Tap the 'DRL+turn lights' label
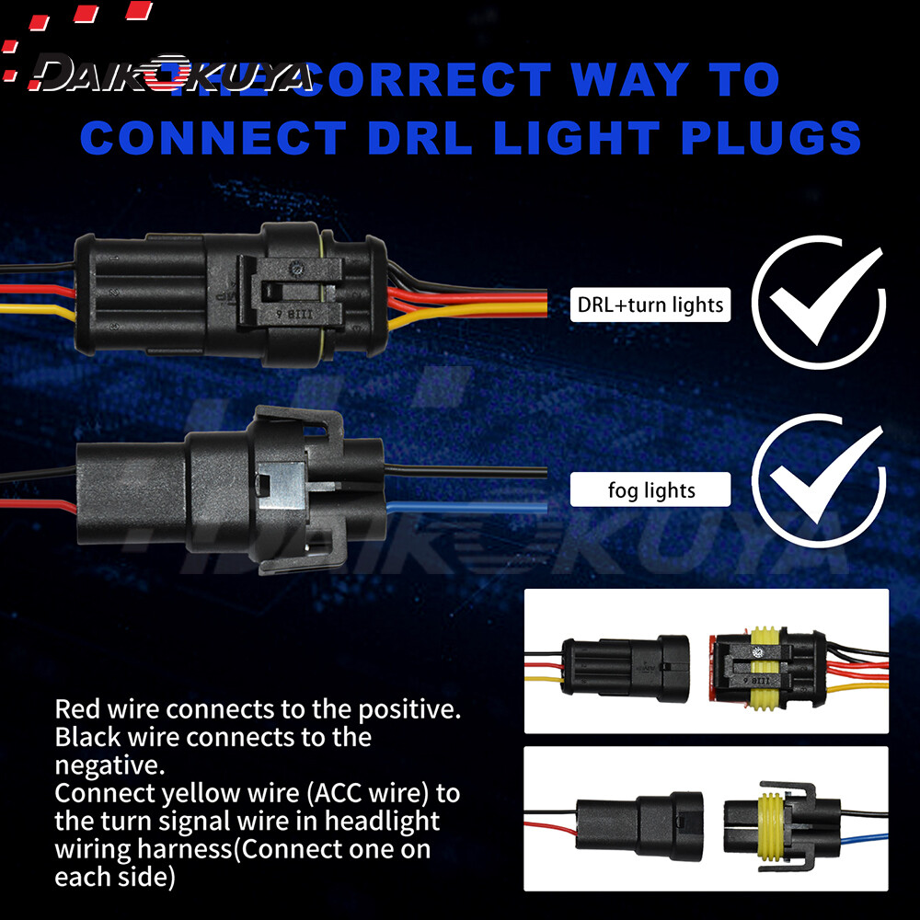click(650, 305)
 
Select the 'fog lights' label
click(650, 490)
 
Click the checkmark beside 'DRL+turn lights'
click(818, 304)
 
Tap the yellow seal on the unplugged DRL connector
click(763, 667)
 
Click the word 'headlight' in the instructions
click(376, 820)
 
